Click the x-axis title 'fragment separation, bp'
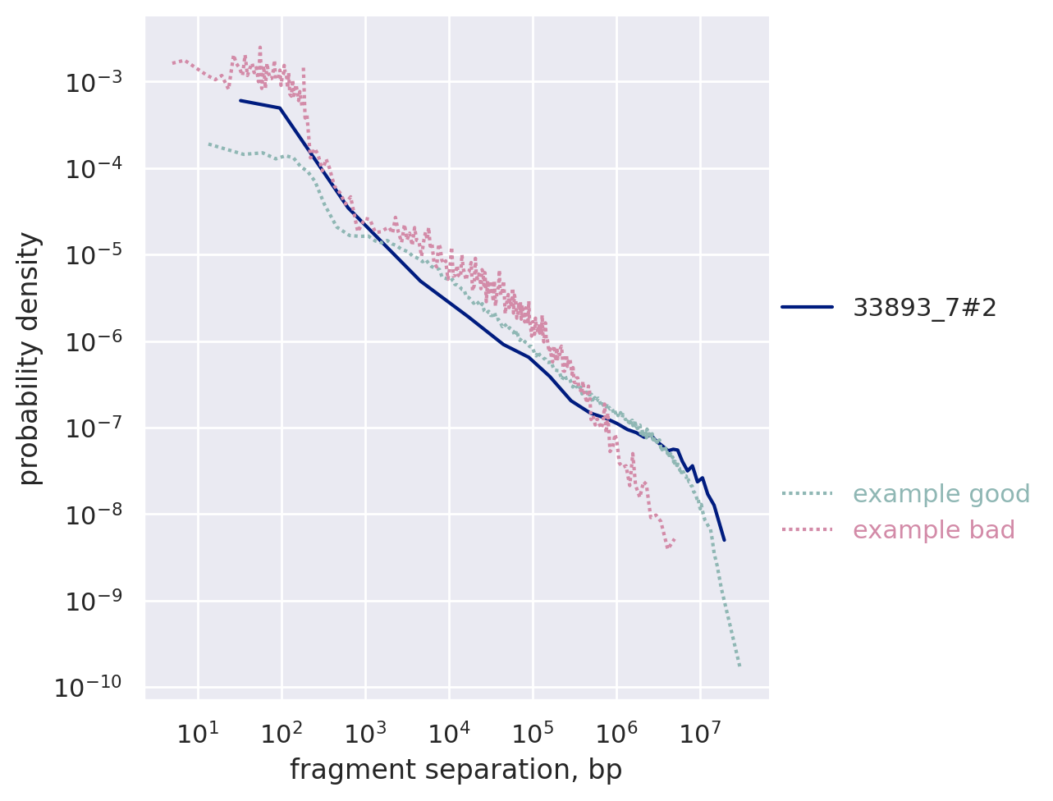[x=456, y=770]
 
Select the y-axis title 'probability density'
[x=30, y=358]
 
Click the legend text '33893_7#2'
[x=924, y=307]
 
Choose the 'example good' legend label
[x=941, y=494]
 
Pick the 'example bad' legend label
[x=933, y=530]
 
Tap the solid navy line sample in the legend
[x=807, y=307]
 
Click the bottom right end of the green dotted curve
[x=739, y=666]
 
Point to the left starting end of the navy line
[x=240, y=100]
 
